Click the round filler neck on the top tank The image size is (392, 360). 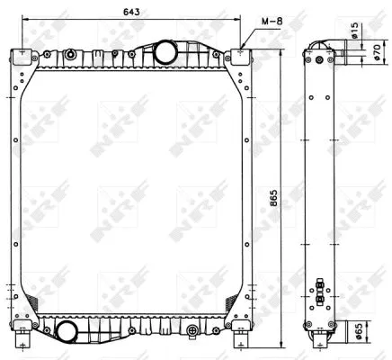[165, 53]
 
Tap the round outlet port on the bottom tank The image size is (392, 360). [66, 330]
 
